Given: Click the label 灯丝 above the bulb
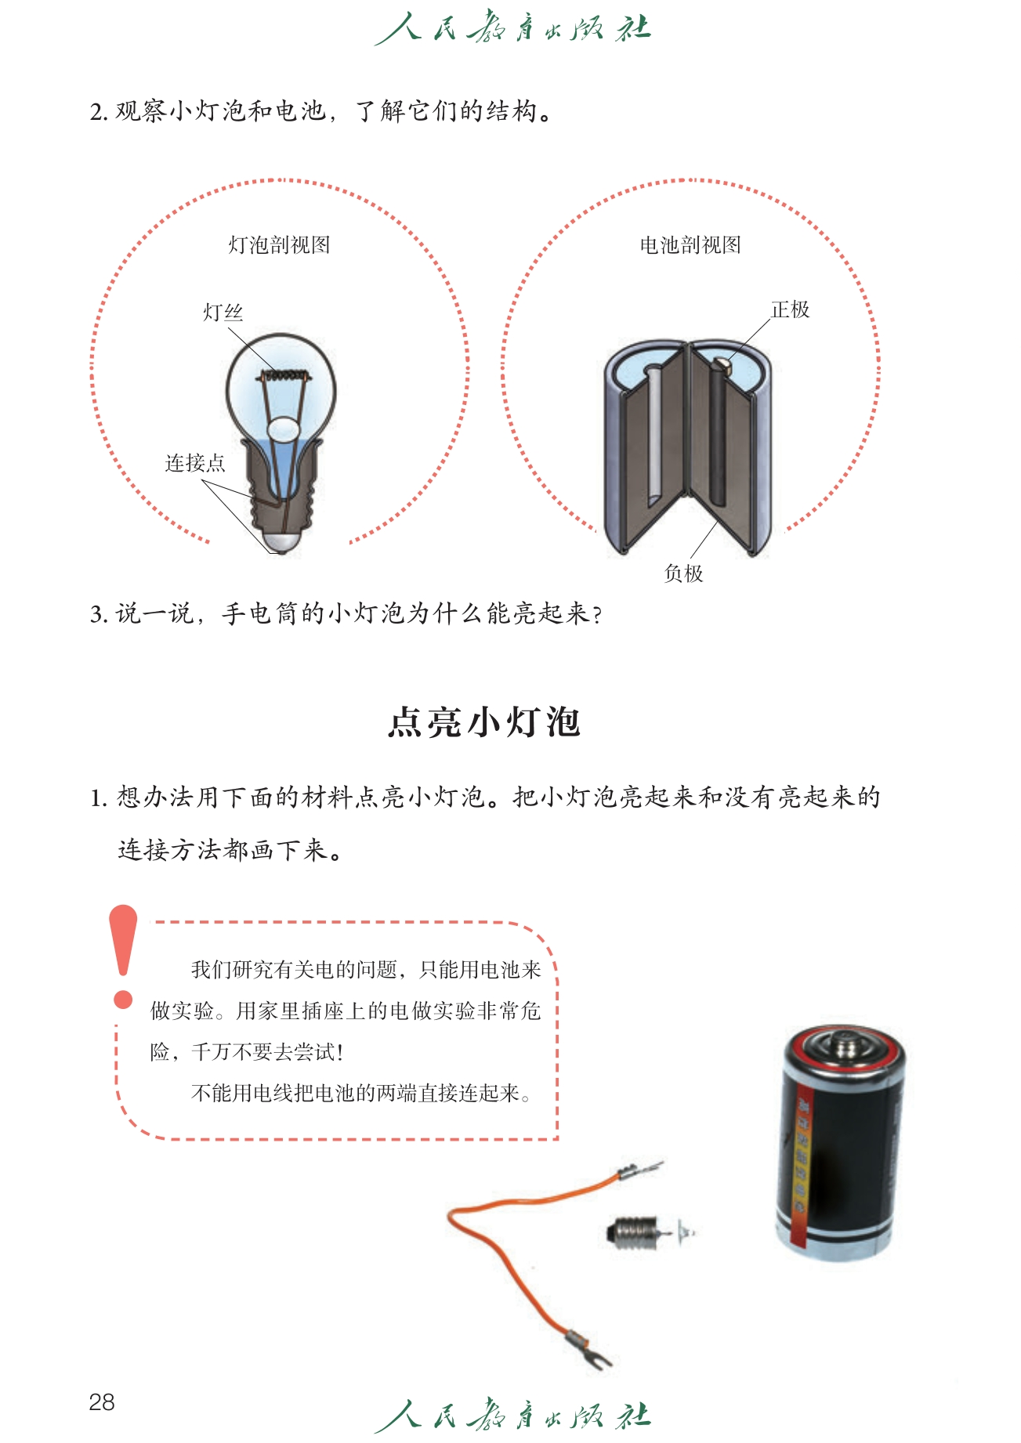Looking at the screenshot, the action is tap(223, 313).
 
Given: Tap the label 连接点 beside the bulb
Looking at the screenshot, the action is tap(195, 463).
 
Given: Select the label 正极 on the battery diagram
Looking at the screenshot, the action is tap(790, 309).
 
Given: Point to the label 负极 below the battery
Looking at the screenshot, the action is tap(683, 573).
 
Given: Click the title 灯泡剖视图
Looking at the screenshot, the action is tap(279, 245).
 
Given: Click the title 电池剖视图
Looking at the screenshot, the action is tap(690, 245).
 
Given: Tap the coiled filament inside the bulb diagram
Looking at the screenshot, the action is tap(282, 376).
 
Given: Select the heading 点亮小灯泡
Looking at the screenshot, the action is tap(484, 721).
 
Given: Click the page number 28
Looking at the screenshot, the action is tap(102, 1401).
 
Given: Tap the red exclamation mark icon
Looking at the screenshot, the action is tap(123, 957).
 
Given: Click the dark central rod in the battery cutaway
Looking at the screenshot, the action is tap(716, 435).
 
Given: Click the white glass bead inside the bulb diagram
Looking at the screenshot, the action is tap(283, 429).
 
